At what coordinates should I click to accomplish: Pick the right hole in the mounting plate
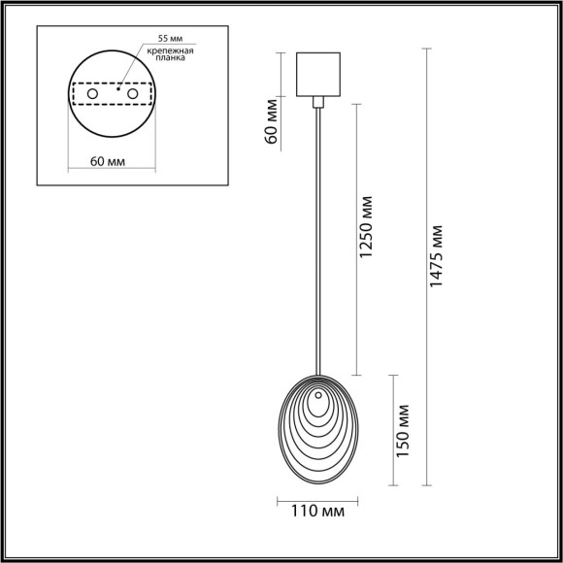(132, 94)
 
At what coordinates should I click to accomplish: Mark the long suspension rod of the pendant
(319, 243)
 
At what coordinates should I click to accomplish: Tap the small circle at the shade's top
(316, 395)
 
